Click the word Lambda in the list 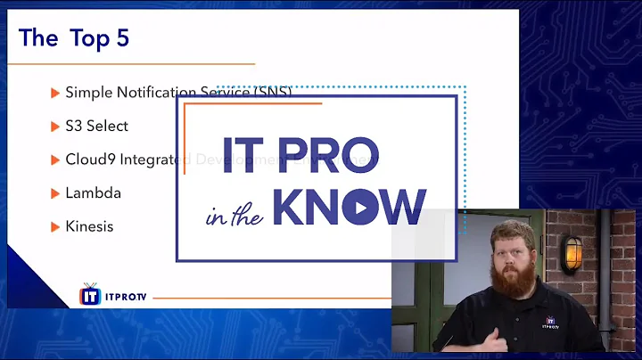pyautogui.click(x=93, y=192)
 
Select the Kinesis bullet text pyautogui.click(x=89, y=226)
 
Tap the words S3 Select pyautogui.click(x=96, y=126)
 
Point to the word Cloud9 pyautogui.click(x=88, y=160)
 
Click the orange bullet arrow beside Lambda pyautogui.click(x=55, y=193)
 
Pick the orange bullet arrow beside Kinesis pyautogui.click(x=55, y=226)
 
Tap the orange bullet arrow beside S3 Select pyautogui.click(x=55, y=127)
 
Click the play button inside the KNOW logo pyautogui.click(x=355, y=209)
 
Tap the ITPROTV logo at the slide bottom pyautogui.click(x=103, y=294)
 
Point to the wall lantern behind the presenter pyautogui.click(x=568, y=253)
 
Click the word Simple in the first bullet pyautogui.click(x=88, y=92)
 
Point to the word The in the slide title pyautogui.click(x=37, y=38)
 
